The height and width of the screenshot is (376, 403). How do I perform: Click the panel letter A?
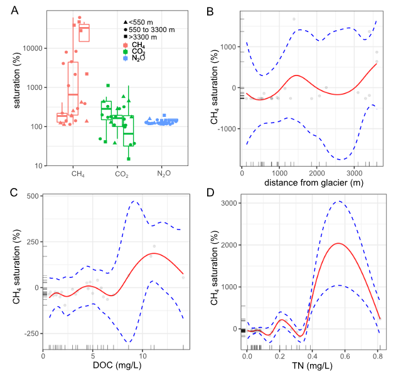pos(14,11)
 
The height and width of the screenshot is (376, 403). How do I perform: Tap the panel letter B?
pos(210,11)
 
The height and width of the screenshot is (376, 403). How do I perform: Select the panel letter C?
pos(14,192)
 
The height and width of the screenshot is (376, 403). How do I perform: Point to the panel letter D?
pos(210,192)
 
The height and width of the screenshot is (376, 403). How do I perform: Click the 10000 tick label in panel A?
pos(33,48)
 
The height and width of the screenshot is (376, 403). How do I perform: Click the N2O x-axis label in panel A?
pos(164,174)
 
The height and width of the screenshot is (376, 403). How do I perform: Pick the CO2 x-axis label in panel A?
pos(122,174)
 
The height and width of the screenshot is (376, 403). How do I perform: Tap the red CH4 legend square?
pos(126,45)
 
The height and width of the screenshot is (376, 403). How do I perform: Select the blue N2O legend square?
pos(126,58)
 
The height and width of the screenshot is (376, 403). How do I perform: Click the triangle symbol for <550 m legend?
pos(126,23)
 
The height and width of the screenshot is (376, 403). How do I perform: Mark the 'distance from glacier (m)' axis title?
pos(314,183)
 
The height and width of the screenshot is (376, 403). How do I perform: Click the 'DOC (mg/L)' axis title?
pos(117,365)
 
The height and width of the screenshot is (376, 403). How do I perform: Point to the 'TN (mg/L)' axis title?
pos(312,365)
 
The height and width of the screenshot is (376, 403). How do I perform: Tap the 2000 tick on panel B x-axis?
pos(317,173)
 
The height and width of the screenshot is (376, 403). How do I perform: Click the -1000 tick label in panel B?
pos(227,129)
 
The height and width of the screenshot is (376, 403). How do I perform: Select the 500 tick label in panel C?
pos(33,196)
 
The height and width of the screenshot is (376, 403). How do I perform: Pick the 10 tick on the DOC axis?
pos(143,356)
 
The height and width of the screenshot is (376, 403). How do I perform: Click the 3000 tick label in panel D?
pos(229,203)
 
